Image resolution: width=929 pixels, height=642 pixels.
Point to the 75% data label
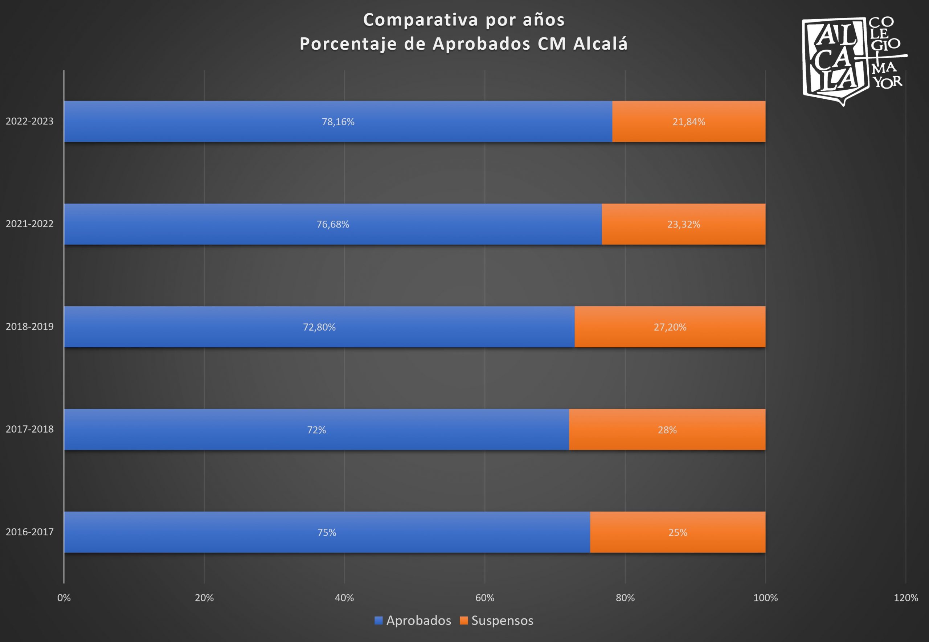click(x=327, y=533)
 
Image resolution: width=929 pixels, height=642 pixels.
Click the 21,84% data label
click(x=688, y=122)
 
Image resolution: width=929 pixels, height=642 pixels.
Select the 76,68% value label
click(x=333, y=224)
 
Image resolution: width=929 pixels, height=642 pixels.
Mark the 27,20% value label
click(x=670, y=327)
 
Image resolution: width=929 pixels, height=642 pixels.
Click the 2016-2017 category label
click(x=29, y=532)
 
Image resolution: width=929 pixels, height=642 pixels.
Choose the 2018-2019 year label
click(x=29, y=326)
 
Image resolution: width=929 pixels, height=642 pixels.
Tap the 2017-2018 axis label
click(x=29, y=429)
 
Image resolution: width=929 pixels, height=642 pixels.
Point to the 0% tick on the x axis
click(x=64, y=598)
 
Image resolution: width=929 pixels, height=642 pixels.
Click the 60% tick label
click(x=484, y=598)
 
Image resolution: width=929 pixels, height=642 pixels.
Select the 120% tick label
click(x=906, y=598)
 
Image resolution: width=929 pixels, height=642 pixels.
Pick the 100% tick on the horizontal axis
click(x=765, y=598)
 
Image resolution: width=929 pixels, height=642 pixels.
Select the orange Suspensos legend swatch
click(x=464, y=621)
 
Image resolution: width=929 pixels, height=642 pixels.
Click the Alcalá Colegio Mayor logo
click(x=852, y=60)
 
